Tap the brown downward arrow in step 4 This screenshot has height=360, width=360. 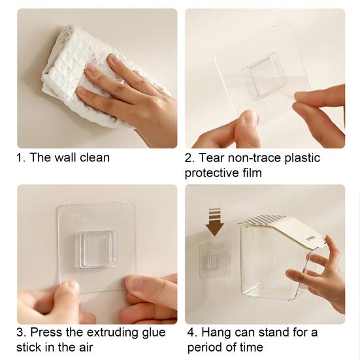coord(215,221)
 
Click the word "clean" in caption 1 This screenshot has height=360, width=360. coord(95,157)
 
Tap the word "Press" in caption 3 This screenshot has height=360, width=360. coord(46,332)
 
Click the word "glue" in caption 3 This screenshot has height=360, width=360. coord(154,333)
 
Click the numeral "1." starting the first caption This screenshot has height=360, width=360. coord(21,158)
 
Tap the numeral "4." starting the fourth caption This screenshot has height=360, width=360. coord(193,333)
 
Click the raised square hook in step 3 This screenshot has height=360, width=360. coord(96,249)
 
